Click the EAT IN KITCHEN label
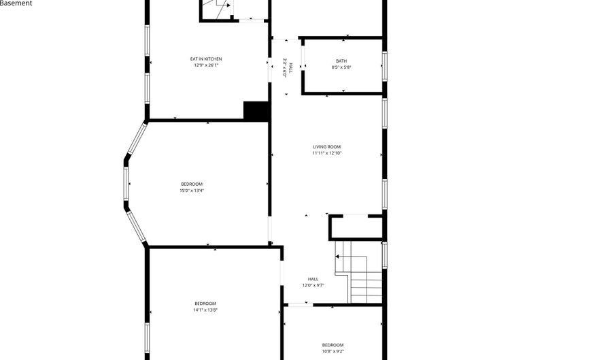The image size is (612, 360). pos(206,59)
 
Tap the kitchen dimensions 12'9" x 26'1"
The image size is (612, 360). pos(206,65)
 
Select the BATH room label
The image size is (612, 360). pos(341,61)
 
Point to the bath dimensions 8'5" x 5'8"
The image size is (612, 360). pos(341,67)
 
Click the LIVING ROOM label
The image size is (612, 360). pos(326,147)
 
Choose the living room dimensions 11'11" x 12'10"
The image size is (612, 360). pos(326,153)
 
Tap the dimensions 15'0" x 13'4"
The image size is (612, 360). pos(192,191)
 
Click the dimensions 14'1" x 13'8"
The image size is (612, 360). pos(205,310)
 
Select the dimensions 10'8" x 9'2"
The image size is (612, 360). pos(333,351)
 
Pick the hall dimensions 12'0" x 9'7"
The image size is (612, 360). pos(313,285)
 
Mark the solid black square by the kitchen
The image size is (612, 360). pos(256,111)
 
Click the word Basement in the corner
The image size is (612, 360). pos(16,3)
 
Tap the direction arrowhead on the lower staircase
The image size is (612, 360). pos(337,257)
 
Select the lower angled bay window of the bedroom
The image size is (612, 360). pos(137,227)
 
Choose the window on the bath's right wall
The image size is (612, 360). pos(384,67)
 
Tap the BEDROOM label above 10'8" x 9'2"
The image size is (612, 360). pos(333,345)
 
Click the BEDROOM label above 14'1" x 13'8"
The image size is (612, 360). pos(205,304)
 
